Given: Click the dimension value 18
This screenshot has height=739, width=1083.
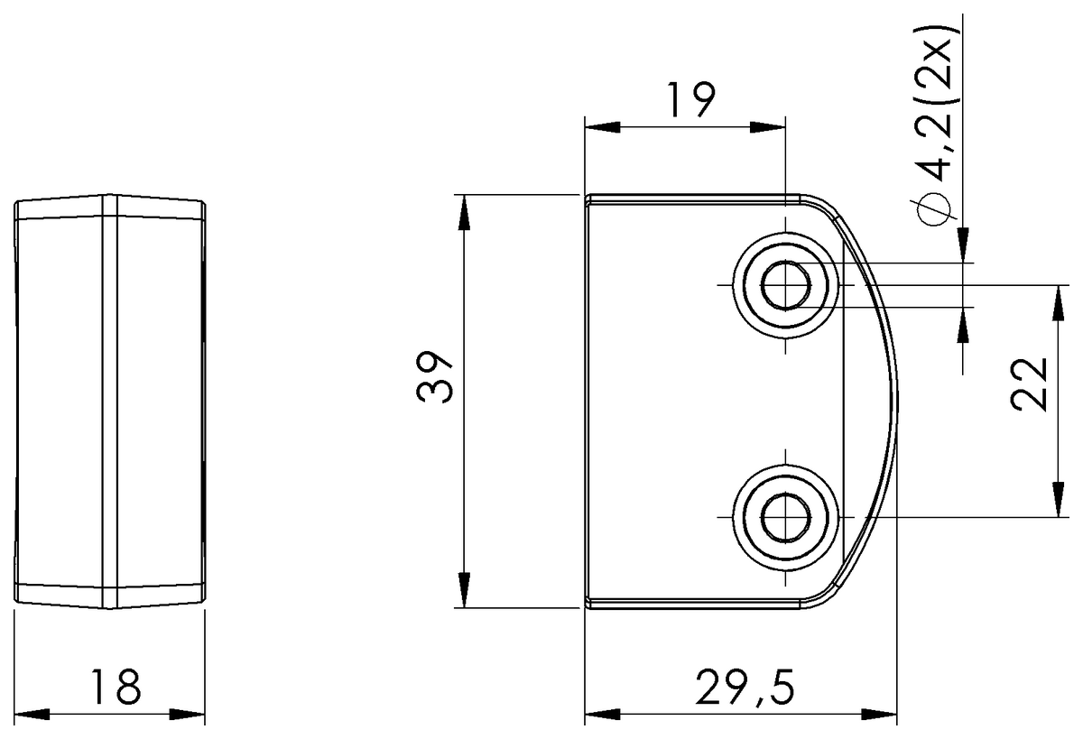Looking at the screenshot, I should [116, 688].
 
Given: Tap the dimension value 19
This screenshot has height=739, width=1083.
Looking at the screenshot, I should [691, 100].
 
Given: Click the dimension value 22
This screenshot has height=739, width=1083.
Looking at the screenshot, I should [1028, 384].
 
